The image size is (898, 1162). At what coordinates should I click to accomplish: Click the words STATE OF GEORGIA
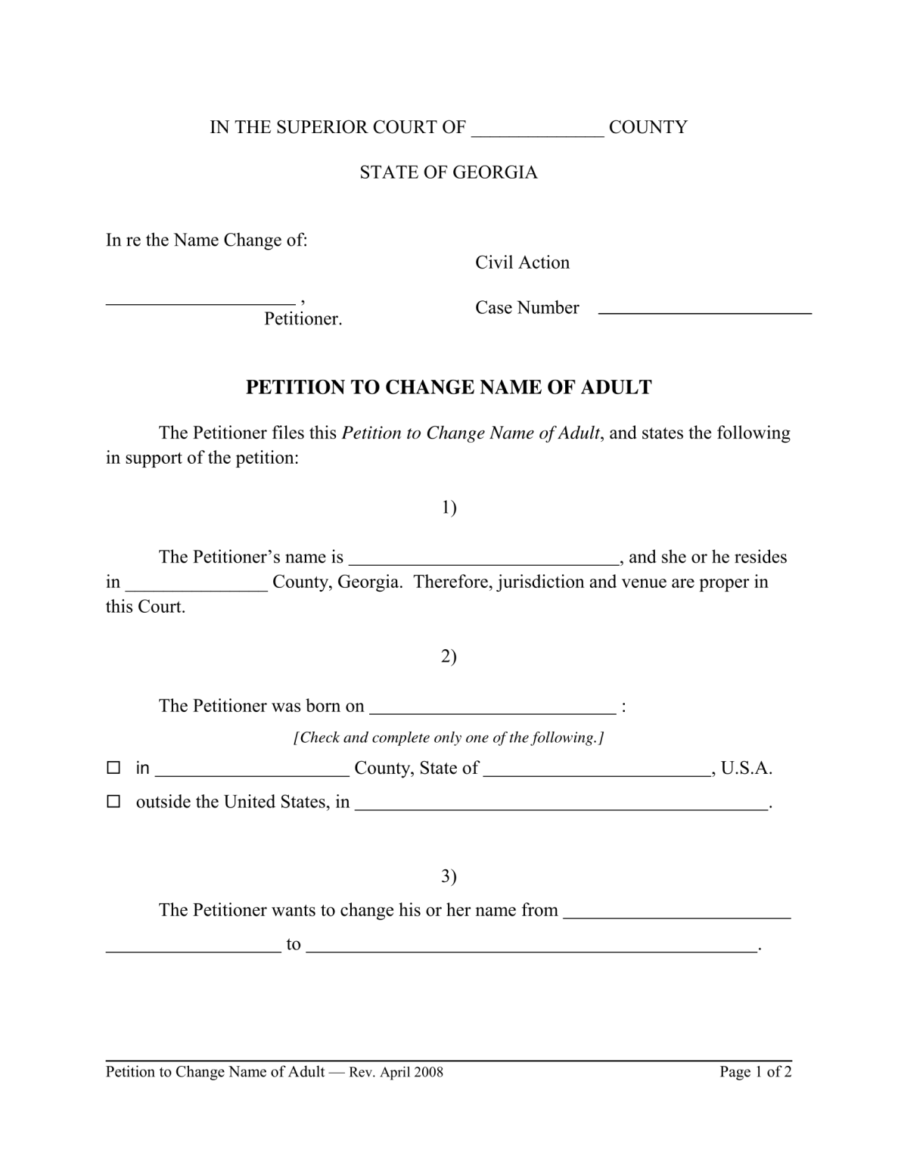(x=448, y=172)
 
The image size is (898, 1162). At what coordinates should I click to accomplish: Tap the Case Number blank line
(x=704, y=309)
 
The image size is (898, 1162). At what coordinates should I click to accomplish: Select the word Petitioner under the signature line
(x=303, y=319)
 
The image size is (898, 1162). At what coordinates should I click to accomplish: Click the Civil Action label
(x=522, y=263)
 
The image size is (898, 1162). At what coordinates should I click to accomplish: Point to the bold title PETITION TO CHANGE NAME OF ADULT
(x=449, y=387)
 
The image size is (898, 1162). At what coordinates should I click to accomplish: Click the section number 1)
(x=449, y=508)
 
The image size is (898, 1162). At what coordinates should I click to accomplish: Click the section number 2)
(x=449, y=657)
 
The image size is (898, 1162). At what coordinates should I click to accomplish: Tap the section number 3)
(x=449, y=877)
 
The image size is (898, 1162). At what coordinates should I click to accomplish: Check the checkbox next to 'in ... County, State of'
(x=113, y=768)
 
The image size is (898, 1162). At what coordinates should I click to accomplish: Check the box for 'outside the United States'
(x=113, y=801)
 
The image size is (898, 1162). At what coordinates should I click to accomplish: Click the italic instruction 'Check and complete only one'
(x=448, y=738)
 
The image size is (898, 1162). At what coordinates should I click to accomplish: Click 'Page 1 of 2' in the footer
(x=755, y=1072)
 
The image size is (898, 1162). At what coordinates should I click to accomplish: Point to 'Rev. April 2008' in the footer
(x=396, y=1072)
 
